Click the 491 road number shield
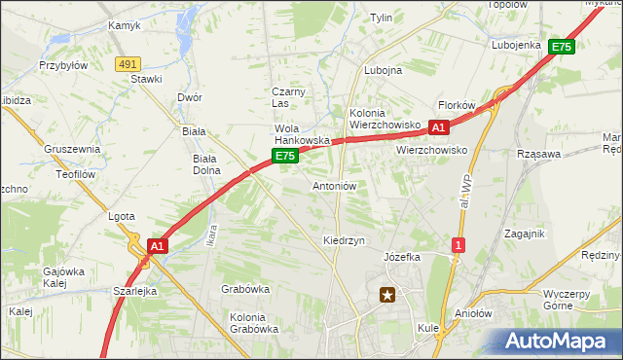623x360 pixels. coord(127,63)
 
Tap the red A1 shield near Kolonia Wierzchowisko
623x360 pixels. coord(438,127)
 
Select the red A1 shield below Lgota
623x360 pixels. coord(158,247)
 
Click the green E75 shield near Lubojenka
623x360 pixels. coord(561,46)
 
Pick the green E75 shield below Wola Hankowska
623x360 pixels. coord(284,156)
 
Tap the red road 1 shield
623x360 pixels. coord(458,245)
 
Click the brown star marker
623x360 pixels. coord(388,295)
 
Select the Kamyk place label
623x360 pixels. coord(125,26)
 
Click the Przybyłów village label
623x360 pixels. coord(63,66)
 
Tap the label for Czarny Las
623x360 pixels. coord(288,97)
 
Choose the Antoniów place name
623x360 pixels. coord(335,186)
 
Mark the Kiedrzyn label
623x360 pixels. coord(344,239)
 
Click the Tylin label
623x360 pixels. coord(381,18)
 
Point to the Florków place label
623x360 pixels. coord(456,105)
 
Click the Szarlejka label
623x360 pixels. coord(134,292)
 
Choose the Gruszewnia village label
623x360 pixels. coord(72,149)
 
